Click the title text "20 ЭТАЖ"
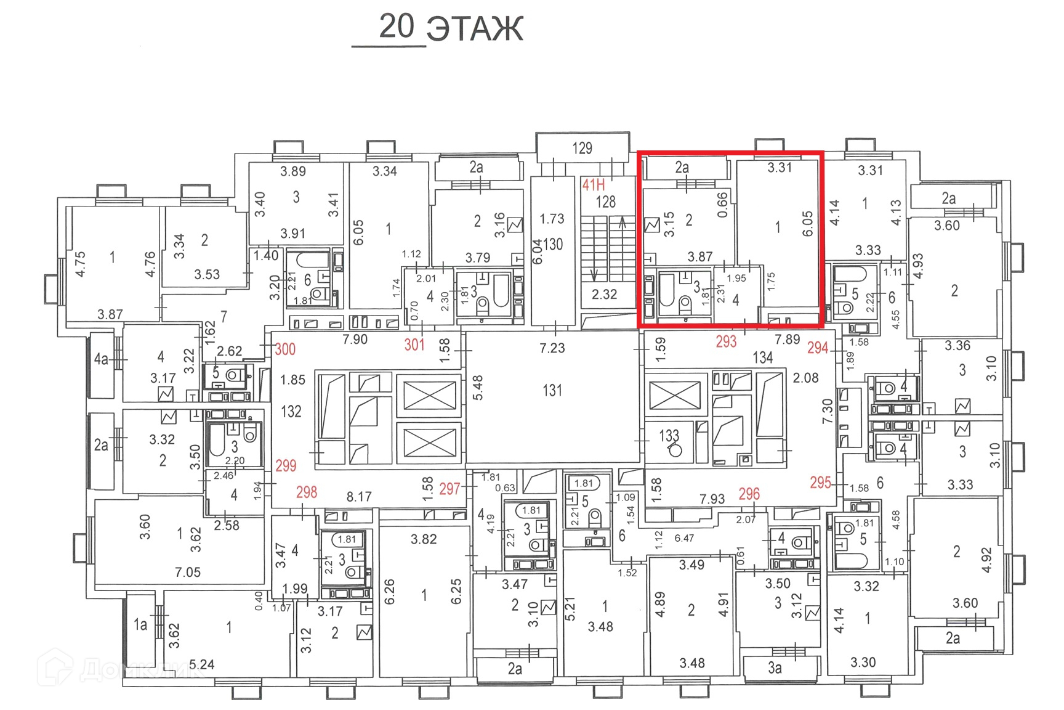(x=451, y=28)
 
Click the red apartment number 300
(x=285, y=349)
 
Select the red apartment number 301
(x=414, y=345)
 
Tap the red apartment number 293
(x=726, y=341)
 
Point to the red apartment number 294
(x=818, y=348)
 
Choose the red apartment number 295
(x=820, y=483)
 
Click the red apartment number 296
(x=749, y=494)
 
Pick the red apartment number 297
(x=449, y=489)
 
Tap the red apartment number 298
(x=307, y=492)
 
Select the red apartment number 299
(x=286, y=466)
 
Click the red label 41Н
(x=594, y=184)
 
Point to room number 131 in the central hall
(x=552, y=390)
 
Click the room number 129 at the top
(x=582, y=148)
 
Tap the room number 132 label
(x=291, y=411)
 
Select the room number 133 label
(x=669, y=436)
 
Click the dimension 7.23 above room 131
(x=552, y=348)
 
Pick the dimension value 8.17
(x=359, y=497)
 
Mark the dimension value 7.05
(x=187, y=573)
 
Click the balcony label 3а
(x=775, y=668)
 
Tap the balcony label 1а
(x=140, y=625)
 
